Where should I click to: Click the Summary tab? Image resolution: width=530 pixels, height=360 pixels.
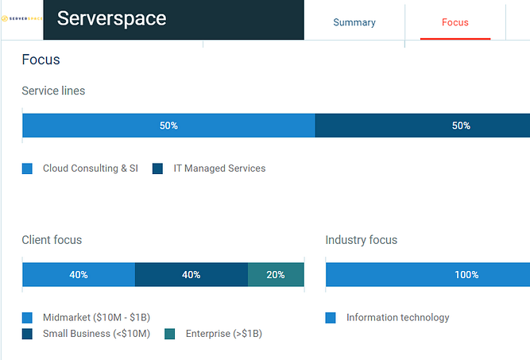[354, 22]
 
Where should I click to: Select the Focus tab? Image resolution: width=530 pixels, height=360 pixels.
[455, 22]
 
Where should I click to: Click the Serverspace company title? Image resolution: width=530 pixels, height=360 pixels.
[112, 18]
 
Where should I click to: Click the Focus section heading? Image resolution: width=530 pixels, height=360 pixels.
[41, 60]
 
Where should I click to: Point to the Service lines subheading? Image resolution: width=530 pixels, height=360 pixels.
[53, 91]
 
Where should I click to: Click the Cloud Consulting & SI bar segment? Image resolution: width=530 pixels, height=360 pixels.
[168, 126]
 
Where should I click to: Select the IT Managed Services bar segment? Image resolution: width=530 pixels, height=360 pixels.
[422, 126]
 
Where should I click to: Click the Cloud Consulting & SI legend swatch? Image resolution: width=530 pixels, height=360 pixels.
[27, 168]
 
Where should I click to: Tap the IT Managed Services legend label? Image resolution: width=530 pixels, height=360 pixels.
[219, 168]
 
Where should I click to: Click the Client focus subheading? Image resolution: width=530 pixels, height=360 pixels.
[52, 240]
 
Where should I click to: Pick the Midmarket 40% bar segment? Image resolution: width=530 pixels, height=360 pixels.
[79, 275]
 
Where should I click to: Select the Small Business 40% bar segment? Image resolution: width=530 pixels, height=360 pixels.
[191, 275]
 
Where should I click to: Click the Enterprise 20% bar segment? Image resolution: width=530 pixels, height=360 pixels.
[276, 275]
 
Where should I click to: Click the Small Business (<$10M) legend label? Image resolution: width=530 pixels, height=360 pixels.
[96, 334]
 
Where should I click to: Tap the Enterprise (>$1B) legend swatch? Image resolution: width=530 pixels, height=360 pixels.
[170, 334]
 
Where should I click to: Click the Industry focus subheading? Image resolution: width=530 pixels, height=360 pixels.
[362, 240]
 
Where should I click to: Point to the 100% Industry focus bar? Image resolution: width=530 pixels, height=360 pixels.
[427, 275]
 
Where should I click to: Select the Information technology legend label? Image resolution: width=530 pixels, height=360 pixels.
[397, 318]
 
